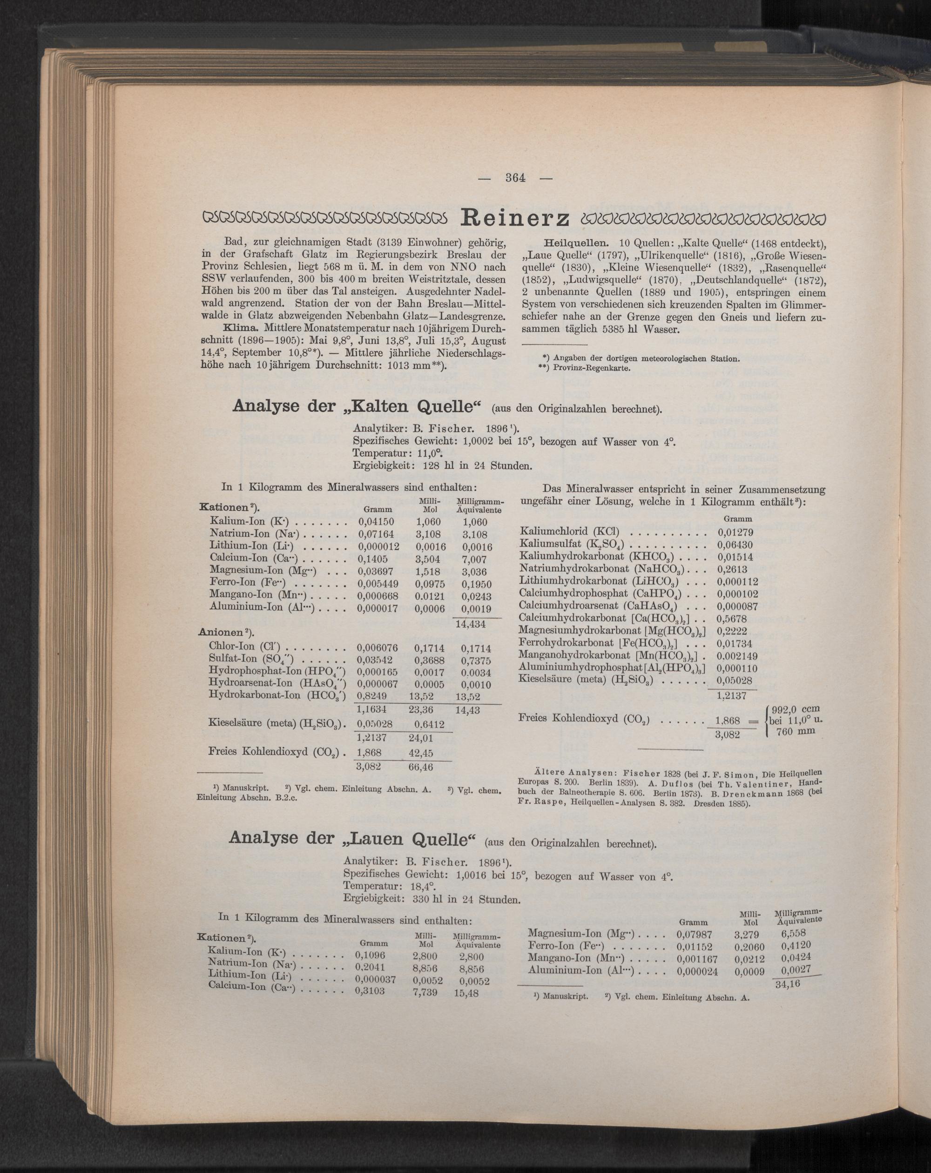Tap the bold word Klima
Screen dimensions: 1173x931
coord(241,329)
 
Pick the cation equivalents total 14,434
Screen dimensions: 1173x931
coord(470,625)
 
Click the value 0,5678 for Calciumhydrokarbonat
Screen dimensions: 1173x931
coord(732,619)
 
